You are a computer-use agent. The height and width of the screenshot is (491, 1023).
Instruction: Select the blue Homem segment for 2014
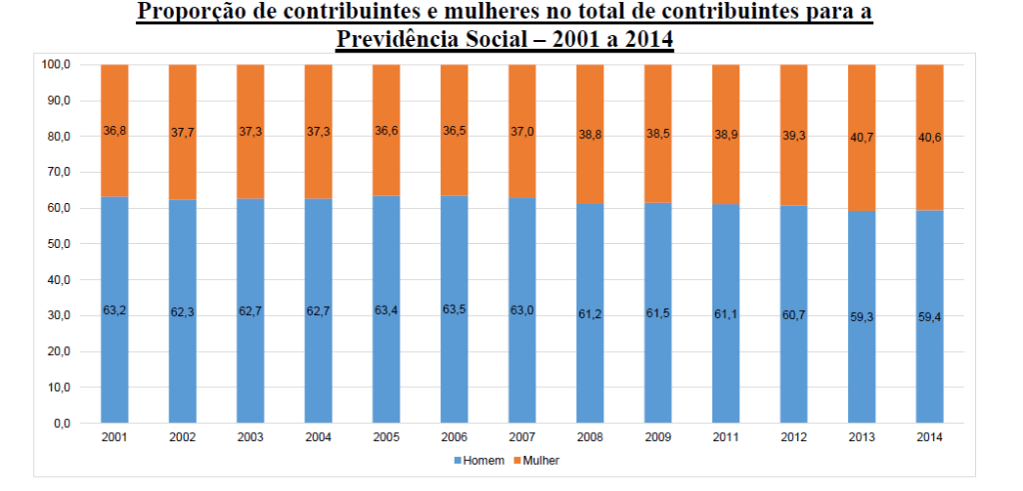[x=929, y=360]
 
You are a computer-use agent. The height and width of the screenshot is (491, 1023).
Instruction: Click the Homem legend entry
[x=483, y=460]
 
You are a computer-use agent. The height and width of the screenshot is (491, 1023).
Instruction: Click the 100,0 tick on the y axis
[x=56, y=65]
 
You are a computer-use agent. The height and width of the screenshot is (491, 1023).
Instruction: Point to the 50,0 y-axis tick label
[x=58, y=244]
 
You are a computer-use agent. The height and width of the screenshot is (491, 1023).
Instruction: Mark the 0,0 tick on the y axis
[x=61, y=423]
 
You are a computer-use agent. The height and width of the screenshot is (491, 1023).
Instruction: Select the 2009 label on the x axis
[x=657, y=438]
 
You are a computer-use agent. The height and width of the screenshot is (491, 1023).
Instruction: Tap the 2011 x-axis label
[x=725, y=438]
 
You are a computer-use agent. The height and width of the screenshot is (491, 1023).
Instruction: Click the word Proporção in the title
[x=188, y=13]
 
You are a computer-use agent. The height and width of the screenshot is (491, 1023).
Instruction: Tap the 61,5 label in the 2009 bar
[x=657, y=314]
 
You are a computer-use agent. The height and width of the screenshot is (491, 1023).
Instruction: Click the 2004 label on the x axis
[x=318, y=438]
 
